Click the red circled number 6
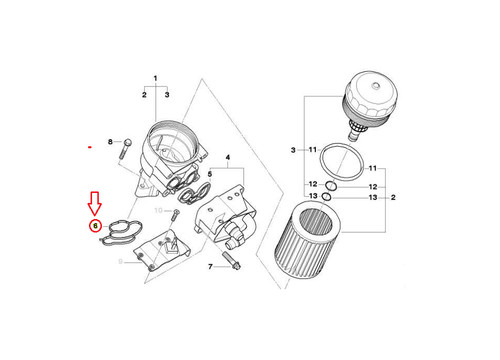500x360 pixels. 95,227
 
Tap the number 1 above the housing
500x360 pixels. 156,78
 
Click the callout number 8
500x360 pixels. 113,142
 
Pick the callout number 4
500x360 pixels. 228,159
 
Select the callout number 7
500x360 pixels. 211,268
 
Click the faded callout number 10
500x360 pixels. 157,213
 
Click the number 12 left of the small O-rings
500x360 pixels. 313,185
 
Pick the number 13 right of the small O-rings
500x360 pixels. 373,199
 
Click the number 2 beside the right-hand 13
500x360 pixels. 393,199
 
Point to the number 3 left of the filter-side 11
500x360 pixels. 293,149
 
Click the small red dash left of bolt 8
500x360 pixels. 91,147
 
